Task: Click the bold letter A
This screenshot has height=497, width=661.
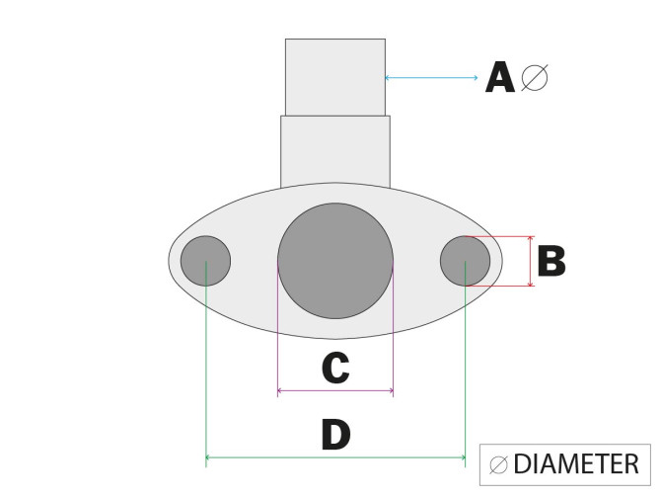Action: click(500, 77)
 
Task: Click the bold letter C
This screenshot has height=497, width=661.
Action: click(335, 369)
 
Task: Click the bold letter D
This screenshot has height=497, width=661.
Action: click(335, 435)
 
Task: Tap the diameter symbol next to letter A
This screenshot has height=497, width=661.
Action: click(534, 77)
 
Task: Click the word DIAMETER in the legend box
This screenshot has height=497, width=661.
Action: click(577, 463)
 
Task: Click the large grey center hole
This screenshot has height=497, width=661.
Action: click(335, 260)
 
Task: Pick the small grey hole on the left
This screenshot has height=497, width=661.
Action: click(205, 262)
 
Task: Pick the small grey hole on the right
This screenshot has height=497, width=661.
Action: click(465, 262)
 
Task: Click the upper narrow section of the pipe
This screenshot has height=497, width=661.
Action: click(335, 77)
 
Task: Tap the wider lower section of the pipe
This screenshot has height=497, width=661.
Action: click(335, 150)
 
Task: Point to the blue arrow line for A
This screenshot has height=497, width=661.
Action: click(434, 77)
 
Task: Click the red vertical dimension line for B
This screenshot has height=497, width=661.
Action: click(531, 262)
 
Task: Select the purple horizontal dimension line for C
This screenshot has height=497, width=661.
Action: click(335, 392)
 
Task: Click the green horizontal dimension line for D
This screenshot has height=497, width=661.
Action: click(335, 458)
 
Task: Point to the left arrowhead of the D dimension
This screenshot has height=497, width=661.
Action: click(208, 458)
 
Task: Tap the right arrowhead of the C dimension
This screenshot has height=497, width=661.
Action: click(391, 392)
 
